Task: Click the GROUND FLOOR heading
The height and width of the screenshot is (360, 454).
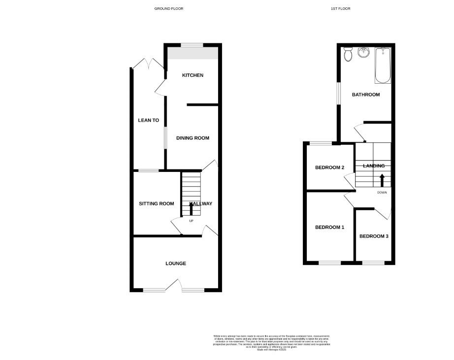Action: pos(169,9)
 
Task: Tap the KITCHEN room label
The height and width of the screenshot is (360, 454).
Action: pos(193,75)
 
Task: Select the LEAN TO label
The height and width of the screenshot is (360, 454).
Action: pos(148,120)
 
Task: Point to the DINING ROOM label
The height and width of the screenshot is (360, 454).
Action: pos(193,138)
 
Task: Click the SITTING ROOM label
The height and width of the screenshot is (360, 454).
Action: pos(156,204)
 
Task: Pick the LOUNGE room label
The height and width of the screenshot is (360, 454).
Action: pos(176,263)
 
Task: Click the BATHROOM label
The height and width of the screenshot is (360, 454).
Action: pos(365,95)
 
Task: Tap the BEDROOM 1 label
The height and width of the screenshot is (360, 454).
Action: pos(330,228)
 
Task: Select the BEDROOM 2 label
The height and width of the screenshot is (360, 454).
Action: pos(329,167)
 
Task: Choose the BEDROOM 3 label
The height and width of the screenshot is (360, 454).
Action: pos(374,236)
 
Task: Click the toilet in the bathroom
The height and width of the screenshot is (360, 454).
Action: pos(349,54)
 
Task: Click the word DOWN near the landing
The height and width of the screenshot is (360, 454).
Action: pos(382,193)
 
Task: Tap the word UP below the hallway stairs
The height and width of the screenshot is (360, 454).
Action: pos(192,221)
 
